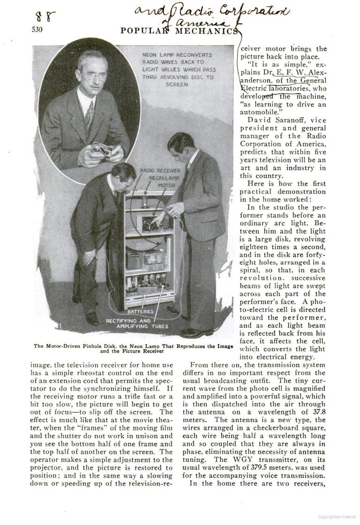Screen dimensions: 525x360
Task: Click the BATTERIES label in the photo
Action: [141, 311]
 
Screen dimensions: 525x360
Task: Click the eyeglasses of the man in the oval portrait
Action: [94, 75]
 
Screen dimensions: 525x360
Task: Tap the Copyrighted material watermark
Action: [337, 517]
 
